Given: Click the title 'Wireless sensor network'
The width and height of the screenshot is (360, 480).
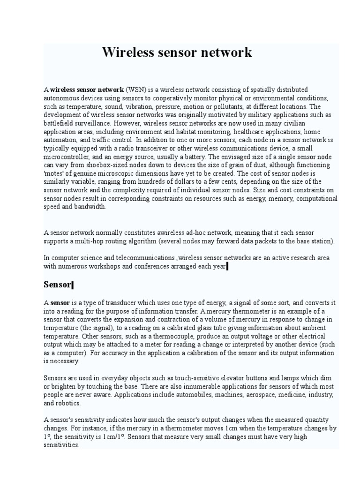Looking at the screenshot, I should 177,52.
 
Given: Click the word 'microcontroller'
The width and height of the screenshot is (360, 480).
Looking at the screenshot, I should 66,157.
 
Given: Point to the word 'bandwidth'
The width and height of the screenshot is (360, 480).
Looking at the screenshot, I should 90,207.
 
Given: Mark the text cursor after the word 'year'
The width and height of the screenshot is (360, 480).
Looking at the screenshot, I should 227,267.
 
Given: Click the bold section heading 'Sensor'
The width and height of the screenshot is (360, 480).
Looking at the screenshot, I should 57,285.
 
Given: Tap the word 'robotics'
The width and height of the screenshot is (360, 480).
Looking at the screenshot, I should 68,403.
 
